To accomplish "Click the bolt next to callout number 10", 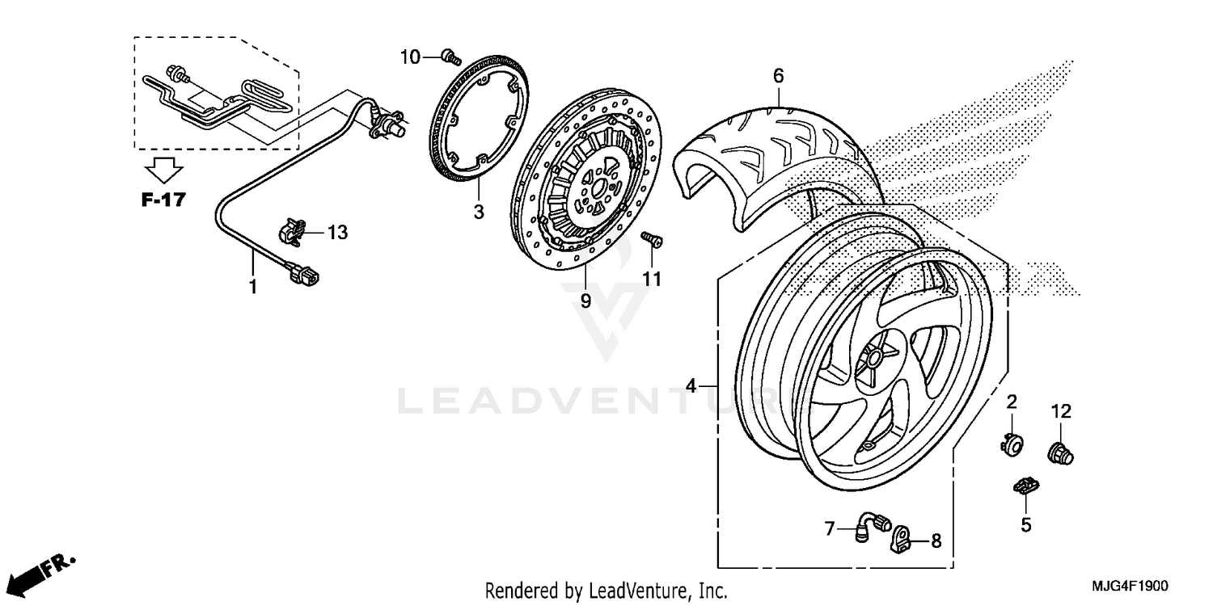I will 450,57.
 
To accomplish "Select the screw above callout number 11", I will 652,239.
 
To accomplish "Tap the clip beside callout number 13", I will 293,231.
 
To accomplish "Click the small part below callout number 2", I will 1011,443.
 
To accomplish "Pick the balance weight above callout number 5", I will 1026,486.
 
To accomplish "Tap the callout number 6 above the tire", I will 778,76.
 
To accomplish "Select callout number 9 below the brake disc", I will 585,301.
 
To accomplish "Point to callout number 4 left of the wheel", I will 691,386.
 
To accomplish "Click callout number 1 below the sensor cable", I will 252,286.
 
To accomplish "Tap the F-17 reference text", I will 163,200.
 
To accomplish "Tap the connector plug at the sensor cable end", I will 304,277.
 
